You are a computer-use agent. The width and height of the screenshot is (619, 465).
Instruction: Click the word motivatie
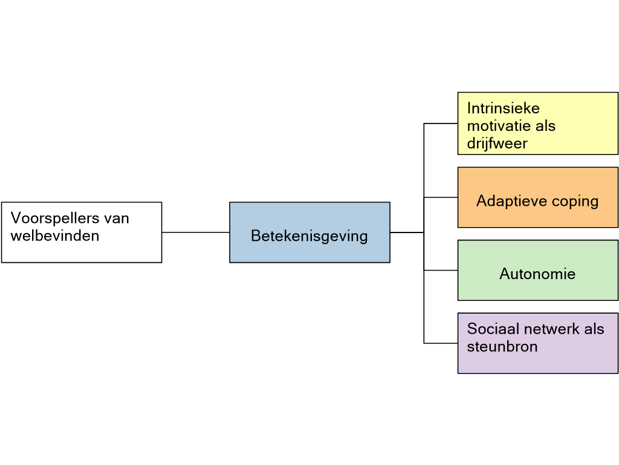tap(499, 126)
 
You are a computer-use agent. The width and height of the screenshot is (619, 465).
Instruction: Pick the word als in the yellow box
tap(546, 126)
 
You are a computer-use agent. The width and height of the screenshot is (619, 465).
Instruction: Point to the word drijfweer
tap(497, 143)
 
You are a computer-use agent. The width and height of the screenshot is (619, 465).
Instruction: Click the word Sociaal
tap(491, 329)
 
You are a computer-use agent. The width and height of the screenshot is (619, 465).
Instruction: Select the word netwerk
tap(548, 329)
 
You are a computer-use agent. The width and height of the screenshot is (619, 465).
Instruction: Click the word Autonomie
tap(537, 274)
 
